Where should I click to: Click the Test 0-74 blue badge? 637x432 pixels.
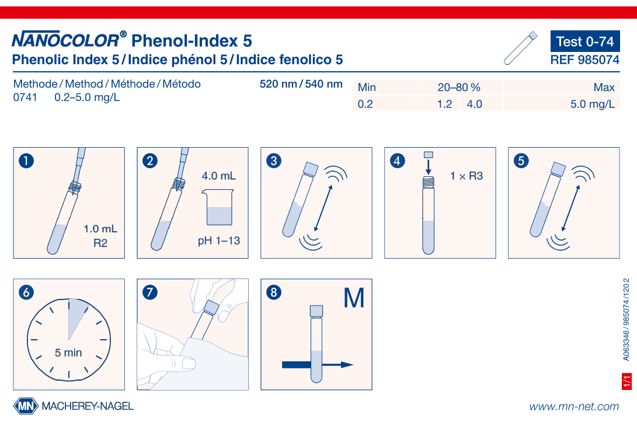pyautogui.click(x=584, y=41)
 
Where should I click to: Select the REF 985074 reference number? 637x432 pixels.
pyautogui.click(x=584, y=60)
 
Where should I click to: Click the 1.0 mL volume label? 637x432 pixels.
pyautogui.click(x=100, y=229)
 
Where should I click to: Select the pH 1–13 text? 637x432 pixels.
pyautogui.click(x=219, y=241)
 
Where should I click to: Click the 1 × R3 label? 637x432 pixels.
pyautogui.click(x=467, y=176)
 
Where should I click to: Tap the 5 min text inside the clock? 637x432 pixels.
pyautogui.click(x=69, y=353)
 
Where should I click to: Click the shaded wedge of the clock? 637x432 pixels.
pyautogui.click(x=75, y=315)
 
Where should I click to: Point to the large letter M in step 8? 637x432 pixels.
pyautogui.click(x=354, y=298)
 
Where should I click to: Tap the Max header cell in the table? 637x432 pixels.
pyautogui.click(x=604, y=88)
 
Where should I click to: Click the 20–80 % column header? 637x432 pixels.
pyautogui.click(x=459, y=88)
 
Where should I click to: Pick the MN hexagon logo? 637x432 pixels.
pyautogui.click(x=25, y=406)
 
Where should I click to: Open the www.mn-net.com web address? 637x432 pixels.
pyautogui.click(x=574, y=407)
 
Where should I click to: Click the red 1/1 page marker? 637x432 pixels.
pyautogui.click(x=628, y=381)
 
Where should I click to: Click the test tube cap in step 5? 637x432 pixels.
pyautogui.click(x=558, y=168)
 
